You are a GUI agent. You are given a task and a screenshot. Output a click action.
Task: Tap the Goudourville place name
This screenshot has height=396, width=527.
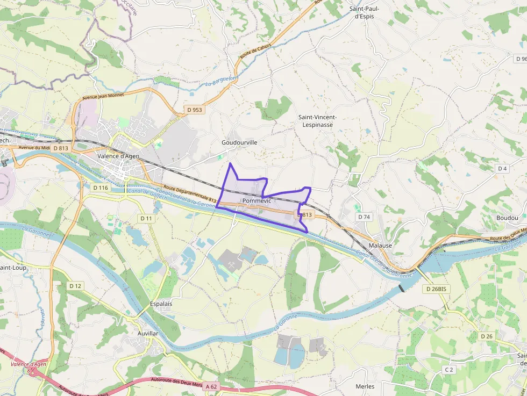pyautogui.click(x=239, y=142)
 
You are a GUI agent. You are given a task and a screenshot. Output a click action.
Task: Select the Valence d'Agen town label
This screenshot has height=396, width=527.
pyautogui.click(x=118, y=156)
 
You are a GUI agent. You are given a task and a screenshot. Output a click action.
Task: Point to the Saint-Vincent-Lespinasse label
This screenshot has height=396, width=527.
pyautogui.click(x=317, y=120)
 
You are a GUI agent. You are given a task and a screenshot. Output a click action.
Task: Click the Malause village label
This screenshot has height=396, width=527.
pyautogui.click(x=380, y=245)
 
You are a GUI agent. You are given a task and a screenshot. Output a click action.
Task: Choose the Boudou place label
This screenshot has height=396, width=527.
pyautogui.click(x=507, y=218)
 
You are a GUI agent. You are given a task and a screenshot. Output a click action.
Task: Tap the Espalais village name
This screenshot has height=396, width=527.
pyautogui.click(x=161, y=304)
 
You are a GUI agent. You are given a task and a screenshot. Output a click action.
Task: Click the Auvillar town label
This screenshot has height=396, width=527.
pyautogui.click(x=148, y=333)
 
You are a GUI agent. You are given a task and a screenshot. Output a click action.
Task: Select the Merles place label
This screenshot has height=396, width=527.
pyautogui.click(x=365, y=386)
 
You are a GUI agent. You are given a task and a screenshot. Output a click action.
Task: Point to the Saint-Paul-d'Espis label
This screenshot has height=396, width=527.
pyautogui.click(x=365, y=12)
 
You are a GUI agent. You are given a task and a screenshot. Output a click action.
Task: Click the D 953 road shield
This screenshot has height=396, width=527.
pyautogui.click(x=194, y=110)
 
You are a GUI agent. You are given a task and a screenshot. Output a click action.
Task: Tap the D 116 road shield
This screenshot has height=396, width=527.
pyautogui.click(x=101, y=188)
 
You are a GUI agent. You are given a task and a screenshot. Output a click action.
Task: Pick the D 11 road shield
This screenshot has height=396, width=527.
pyautogui.click(x=146, y=218)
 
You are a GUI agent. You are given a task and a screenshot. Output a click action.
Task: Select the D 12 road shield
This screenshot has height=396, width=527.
pyautogui.click(x=75, y=286)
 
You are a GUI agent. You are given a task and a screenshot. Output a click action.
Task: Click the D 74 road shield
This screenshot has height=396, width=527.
pyautogui.click(x=364, y=217)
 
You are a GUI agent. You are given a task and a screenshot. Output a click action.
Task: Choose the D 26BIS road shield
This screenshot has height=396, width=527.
pyautogui.click(x=436, y=289)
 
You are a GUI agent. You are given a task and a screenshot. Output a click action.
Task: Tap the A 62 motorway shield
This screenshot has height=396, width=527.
pyautogui.click(x=212, y=386)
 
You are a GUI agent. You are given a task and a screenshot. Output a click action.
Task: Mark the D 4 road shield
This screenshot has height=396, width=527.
pyautogui.click(x=502, y=168)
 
